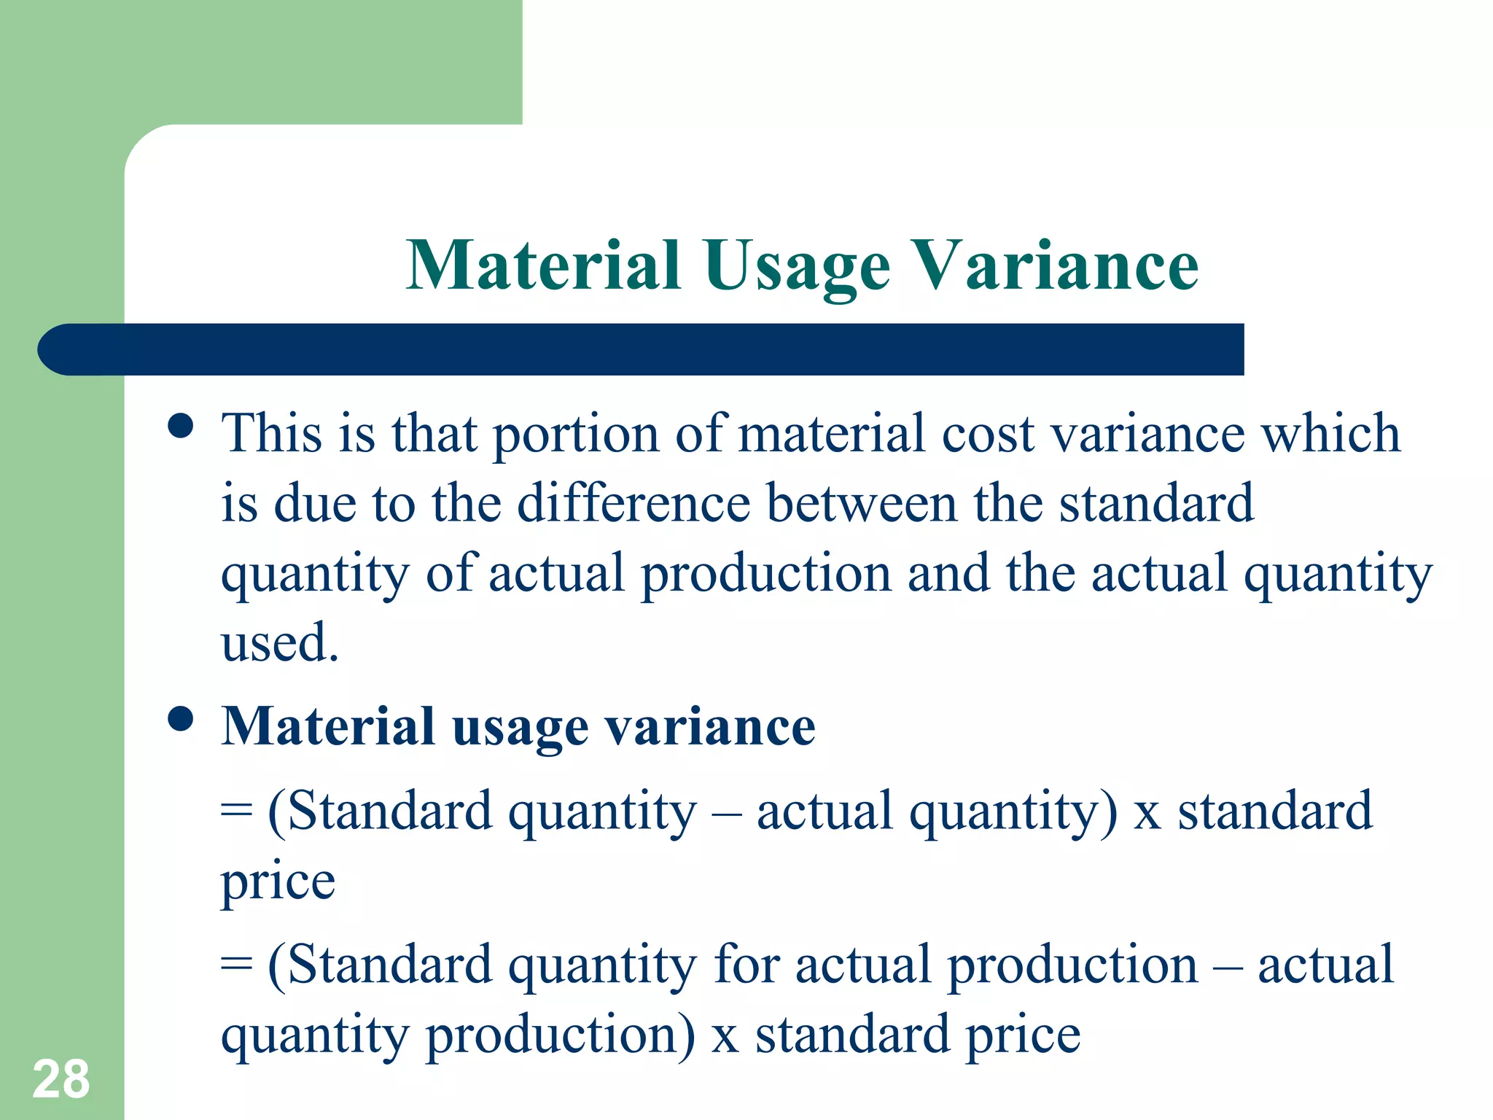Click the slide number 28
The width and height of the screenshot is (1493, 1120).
click(x=61, y=1079)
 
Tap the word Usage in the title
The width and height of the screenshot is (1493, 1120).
click(x=797, y=267)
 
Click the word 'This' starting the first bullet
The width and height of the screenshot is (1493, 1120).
click(x=272, y=433)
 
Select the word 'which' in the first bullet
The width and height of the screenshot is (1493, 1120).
click(x=1330, y=433)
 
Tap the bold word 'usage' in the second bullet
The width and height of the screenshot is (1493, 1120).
click(x=520, y=728)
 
